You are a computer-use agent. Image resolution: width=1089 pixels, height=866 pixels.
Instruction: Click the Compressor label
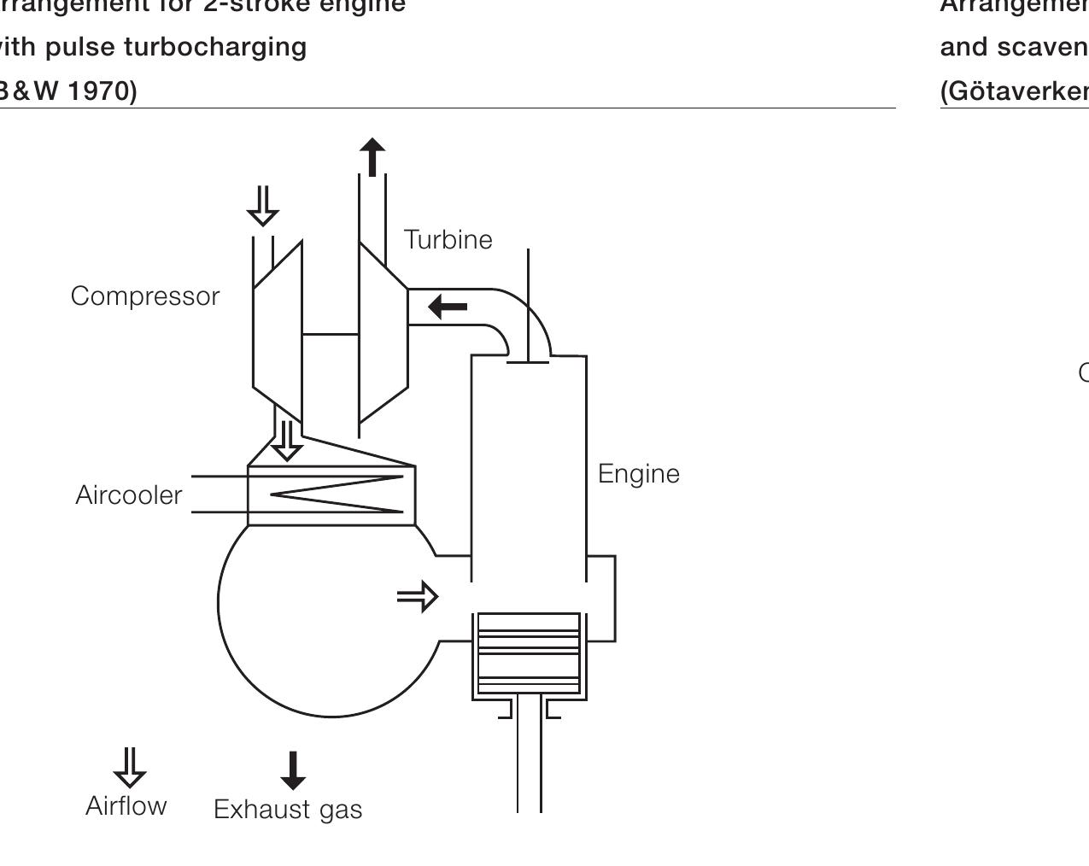pyautogui.click(x=145, y=296)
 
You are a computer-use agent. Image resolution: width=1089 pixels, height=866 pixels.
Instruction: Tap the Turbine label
pyautogui.click(x=448, y=240)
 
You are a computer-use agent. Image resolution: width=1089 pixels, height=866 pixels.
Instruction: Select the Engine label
pyautogui.click(x=638, y=474)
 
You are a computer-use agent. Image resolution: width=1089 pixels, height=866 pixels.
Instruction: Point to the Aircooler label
pyautogui.click(x=129, y=495)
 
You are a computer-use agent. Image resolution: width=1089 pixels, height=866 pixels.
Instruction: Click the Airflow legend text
pyautogui.click(x=126, y=806)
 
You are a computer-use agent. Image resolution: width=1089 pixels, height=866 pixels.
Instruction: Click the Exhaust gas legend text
pyautogui.click(x=288, y=810)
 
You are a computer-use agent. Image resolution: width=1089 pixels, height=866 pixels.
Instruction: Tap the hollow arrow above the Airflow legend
pyautogui.click(x=129, y=767)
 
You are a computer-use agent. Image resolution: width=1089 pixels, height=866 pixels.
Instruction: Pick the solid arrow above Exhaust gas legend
pyautogui.click(x=293, y=770)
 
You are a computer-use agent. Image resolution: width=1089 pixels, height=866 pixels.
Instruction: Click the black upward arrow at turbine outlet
pyautogui.click(x=372, y=158)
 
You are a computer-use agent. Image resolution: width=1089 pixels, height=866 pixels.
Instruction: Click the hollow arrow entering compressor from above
pyautogui.click(x=262, y=205)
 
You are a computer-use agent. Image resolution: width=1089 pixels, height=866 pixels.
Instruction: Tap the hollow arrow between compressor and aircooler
pyautogui.click(x=287, y=440)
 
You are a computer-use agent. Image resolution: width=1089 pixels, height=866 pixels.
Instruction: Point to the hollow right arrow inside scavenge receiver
pyautogui.click(x=418, y=596)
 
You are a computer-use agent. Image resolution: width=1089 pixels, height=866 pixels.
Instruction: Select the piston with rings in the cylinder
pyautogui.click(x=529, y=654)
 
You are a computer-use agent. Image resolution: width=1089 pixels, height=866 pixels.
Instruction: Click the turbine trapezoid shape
pyautogui.click(x=383, y=333)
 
